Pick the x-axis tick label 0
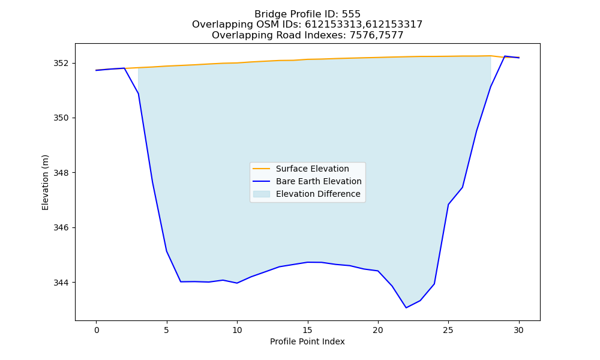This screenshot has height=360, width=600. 97,330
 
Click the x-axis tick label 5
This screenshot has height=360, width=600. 167,330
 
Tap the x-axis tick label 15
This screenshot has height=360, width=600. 308,330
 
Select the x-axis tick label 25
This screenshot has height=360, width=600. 448,330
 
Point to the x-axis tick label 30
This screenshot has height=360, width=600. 519,330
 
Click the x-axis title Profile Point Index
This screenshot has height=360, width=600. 307,341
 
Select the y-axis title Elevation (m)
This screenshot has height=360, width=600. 45,182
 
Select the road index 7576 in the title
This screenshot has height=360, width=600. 361,35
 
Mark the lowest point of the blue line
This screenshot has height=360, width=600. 406,308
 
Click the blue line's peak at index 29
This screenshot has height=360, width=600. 505,56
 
